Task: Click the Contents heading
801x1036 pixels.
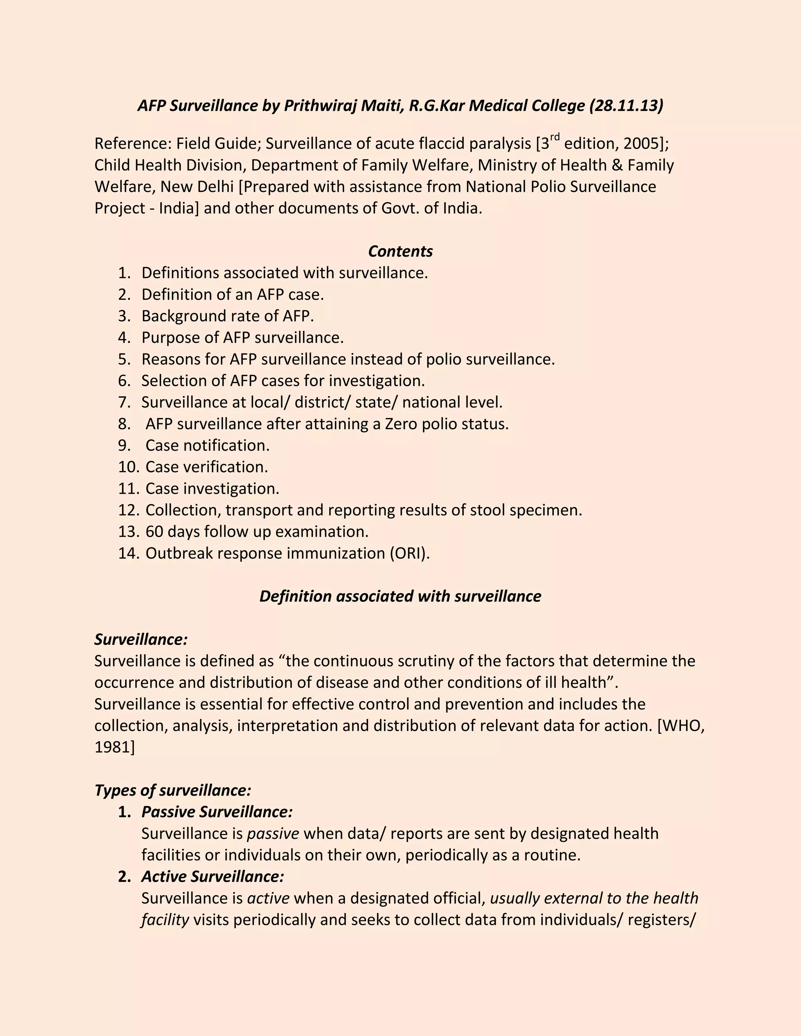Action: coord(400,251)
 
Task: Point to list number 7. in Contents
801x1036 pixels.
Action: coord(124,402)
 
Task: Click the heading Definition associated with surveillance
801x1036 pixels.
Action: coord(400,596)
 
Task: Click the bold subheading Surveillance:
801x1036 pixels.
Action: coord(141,640)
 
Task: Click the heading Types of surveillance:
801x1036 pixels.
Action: coord(172,790)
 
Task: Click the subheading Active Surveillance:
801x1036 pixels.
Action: coord(212,876)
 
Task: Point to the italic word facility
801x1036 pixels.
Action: coord(165,920)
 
